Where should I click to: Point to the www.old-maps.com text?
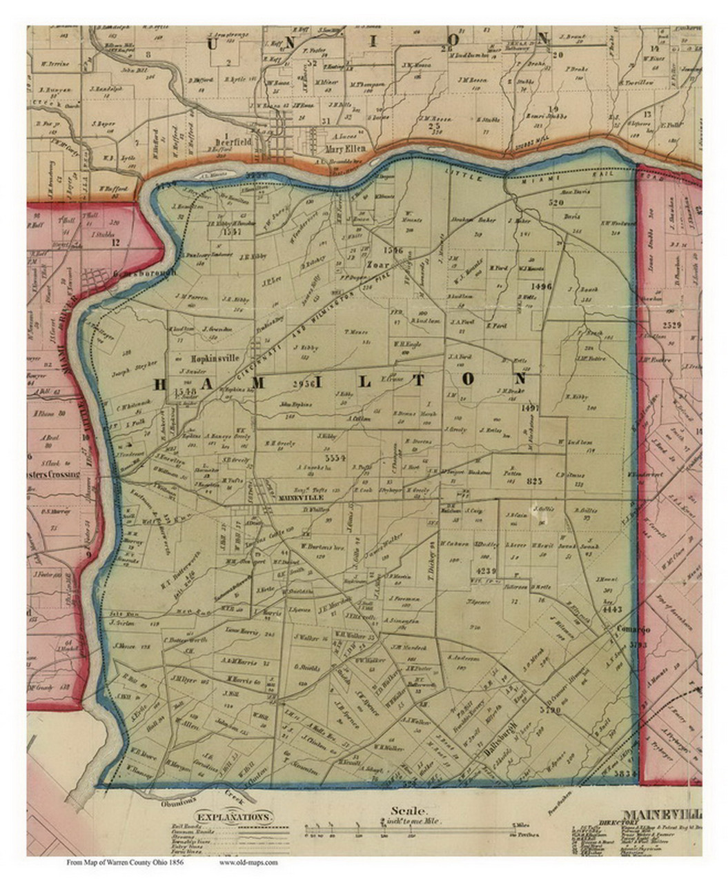click(x=248, y=862)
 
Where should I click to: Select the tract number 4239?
click(x=486, y=571)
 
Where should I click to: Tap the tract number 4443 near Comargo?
click(x=612, y=609)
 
